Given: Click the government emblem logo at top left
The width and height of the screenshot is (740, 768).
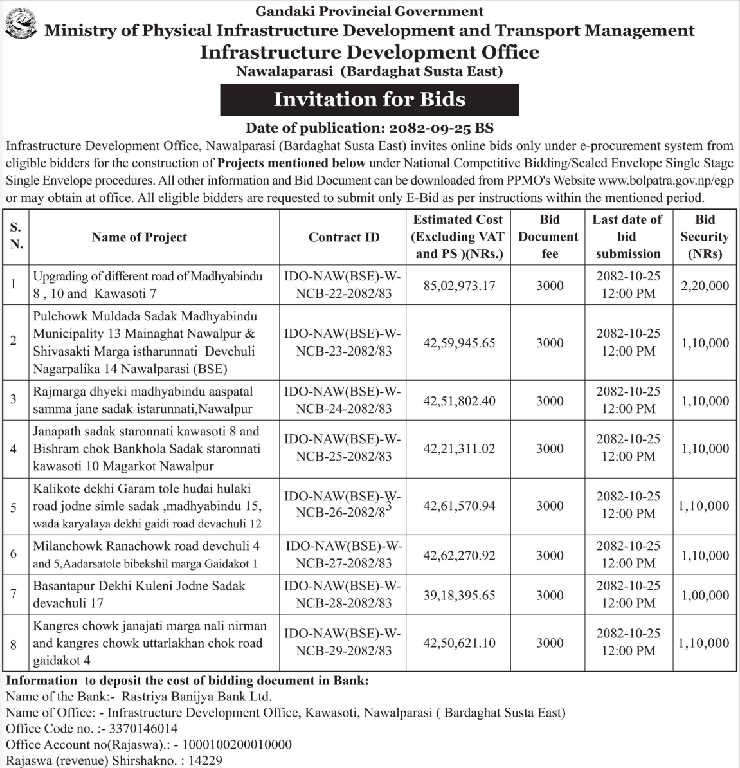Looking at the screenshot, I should click(x=21, y=28).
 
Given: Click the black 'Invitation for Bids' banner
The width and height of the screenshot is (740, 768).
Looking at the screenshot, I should click(x=369, y=100).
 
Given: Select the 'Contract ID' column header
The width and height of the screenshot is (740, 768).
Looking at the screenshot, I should click(x=344, y=237).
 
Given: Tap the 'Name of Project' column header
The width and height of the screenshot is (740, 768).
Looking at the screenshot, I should click(x=140, y=237).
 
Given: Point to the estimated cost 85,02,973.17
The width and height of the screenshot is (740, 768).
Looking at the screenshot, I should click(x=459, y=286).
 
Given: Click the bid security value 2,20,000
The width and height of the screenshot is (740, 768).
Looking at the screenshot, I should click(x=705, y=286).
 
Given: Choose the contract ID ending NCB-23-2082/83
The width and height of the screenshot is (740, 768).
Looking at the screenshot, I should click(x=344, y=343).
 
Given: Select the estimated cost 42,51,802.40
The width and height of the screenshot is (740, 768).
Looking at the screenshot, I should click(x=459, y=401).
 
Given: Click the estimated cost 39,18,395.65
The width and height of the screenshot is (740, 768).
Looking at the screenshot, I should click(x=459, y=595).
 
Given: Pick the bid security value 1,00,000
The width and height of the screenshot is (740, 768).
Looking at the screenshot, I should click(x=705, y=595).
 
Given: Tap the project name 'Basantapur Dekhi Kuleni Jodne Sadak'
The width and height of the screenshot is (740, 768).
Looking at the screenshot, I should click(x=140, y=586).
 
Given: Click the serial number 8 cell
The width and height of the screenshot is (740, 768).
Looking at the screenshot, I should click(x=14, y=643).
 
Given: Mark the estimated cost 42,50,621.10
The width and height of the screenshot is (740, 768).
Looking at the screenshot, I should click(x=459, y=643).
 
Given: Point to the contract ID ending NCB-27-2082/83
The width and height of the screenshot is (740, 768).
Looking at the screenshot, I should click(x=344, y=555).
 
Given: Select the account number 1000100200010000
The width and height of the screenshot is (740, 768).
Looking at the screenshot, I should click(x=237, y=745).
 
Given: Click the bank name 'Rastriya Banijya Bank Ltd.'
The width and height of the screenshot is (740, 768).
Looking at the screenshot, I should click(x=197, y=697).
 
